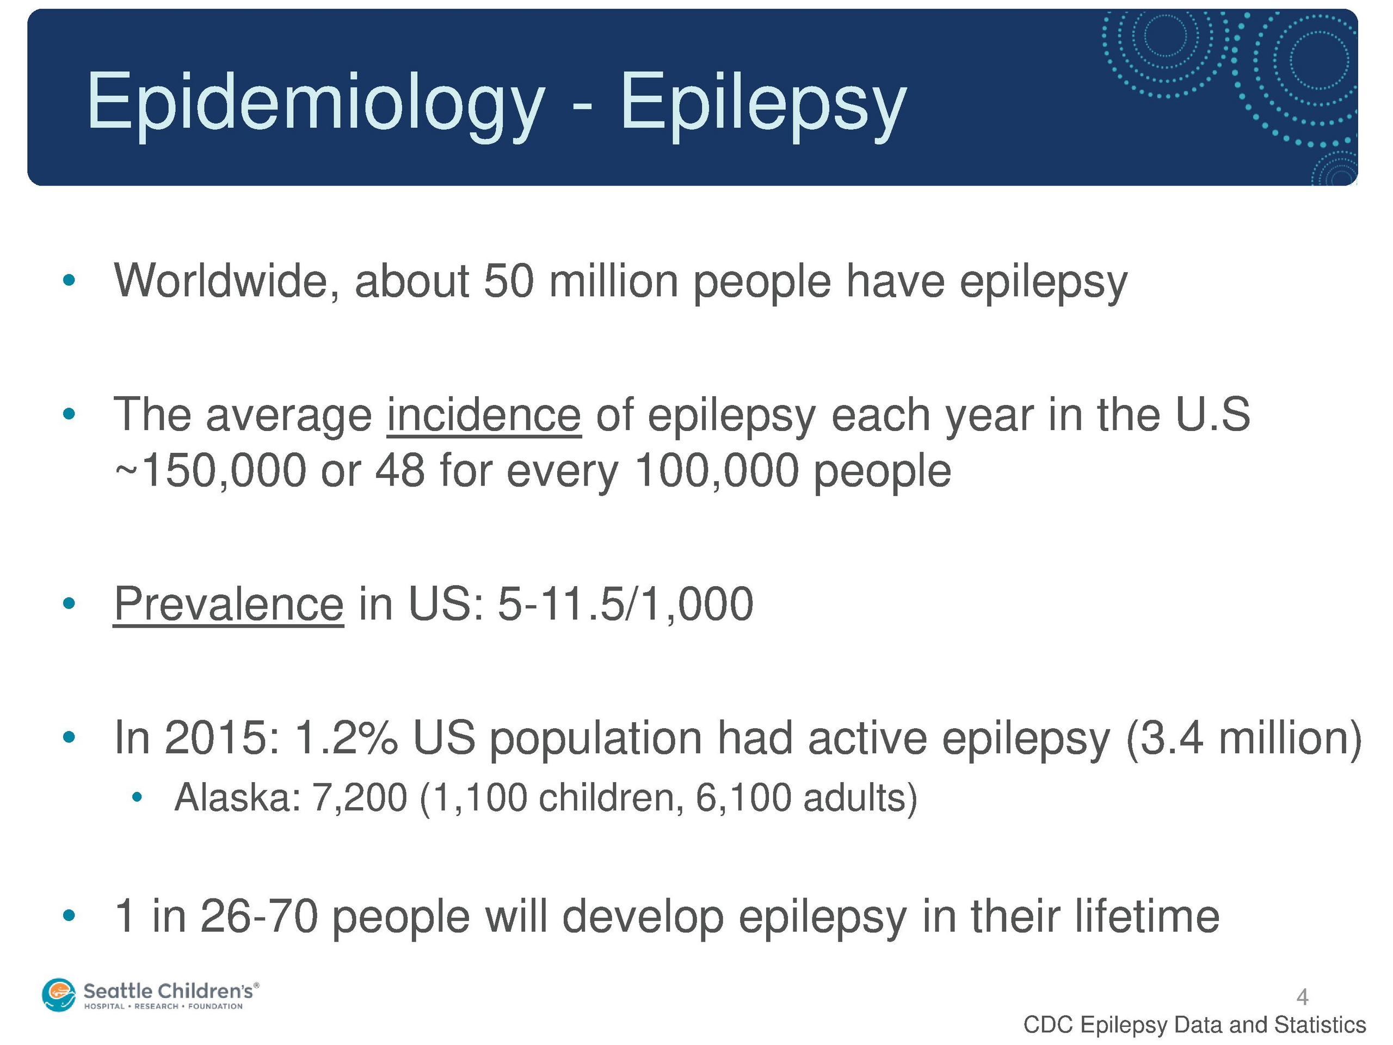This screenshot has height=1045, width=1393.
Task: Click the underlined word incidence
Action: coord(484,415)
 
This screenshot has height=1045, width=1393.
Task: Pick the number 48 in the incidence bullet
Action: coord(400,471)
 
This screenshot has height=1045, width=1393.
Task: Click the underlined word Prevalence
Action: coord(229,604)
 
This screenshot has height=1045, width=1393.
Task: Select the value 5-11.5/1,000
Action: coord(625,604)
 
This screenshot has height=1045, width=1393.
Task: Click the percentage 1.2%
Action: coord(347,737)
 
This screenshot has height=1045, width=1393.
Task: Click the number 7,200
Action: coord(360,798)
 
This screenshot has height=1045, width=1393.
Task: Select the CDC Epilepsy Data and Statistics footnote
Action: coord(1194,1025)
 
